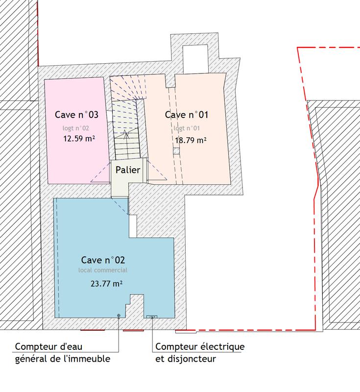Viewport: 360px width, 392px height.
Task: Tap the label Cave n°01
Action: pyautogui.click(x=187, y=115)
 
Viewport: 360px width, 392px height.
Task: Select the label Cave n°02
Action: pyautogui.click(x=106, y=260)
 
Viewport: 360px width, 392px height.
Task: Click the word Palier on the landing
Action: pyautogui.click(x=128, y=170)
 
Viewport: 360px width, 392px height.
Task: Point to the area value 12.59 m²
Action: pyautogui.click(x=79, y=138)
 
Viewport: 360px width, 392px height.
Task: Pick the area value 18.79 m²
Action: pyautogui.click(x=190, y=140)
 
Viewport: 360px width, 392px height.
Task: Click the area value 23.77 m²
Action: pyautogui.click(x=106, y=283)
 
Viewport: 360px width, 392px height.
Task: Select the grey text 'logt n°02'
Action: pyautogui.click(x=75, y=128)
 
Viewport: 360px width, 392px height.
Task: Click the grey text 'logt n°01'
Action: pyautogui.click(x=186, y=128)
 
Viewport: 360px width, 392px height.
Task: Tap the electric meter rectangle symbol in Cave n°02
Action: pyautogui.click(x=152, y=317)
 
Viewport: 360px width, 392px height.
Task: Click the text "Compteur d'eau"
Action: pyautogui.click(x=49, y=347)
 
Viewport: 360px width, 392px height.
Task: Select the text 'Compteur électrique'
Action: pyautogui.click(x=200, y=347)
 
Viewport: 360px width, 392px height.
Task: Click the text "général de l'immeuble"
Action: pyautogui.click(x=62, y=359)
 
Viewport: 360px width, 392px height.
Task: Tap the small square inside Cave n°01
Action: pyautogui.click(x=175, y=151)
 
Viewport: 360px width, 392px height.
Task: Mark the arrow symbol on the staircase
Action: pyautogui.click(x=126, y=134)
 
